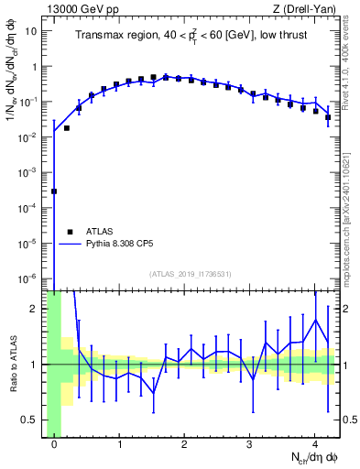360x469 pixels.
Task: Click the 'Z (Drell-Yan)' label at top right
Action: [x=307, y=9]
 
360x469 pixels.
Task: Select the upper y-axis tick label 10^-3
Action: [x=28, y=171]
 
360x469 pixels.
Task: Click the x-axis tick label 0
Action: [x=55, y=444]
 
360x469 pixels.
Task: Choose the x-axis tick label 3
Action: [x=250, y=444]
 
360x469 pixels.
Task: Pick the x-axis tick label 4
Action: [x=315, y=444]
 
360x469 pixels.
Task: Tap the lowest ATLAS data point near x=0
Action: [x=54, y=191]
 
